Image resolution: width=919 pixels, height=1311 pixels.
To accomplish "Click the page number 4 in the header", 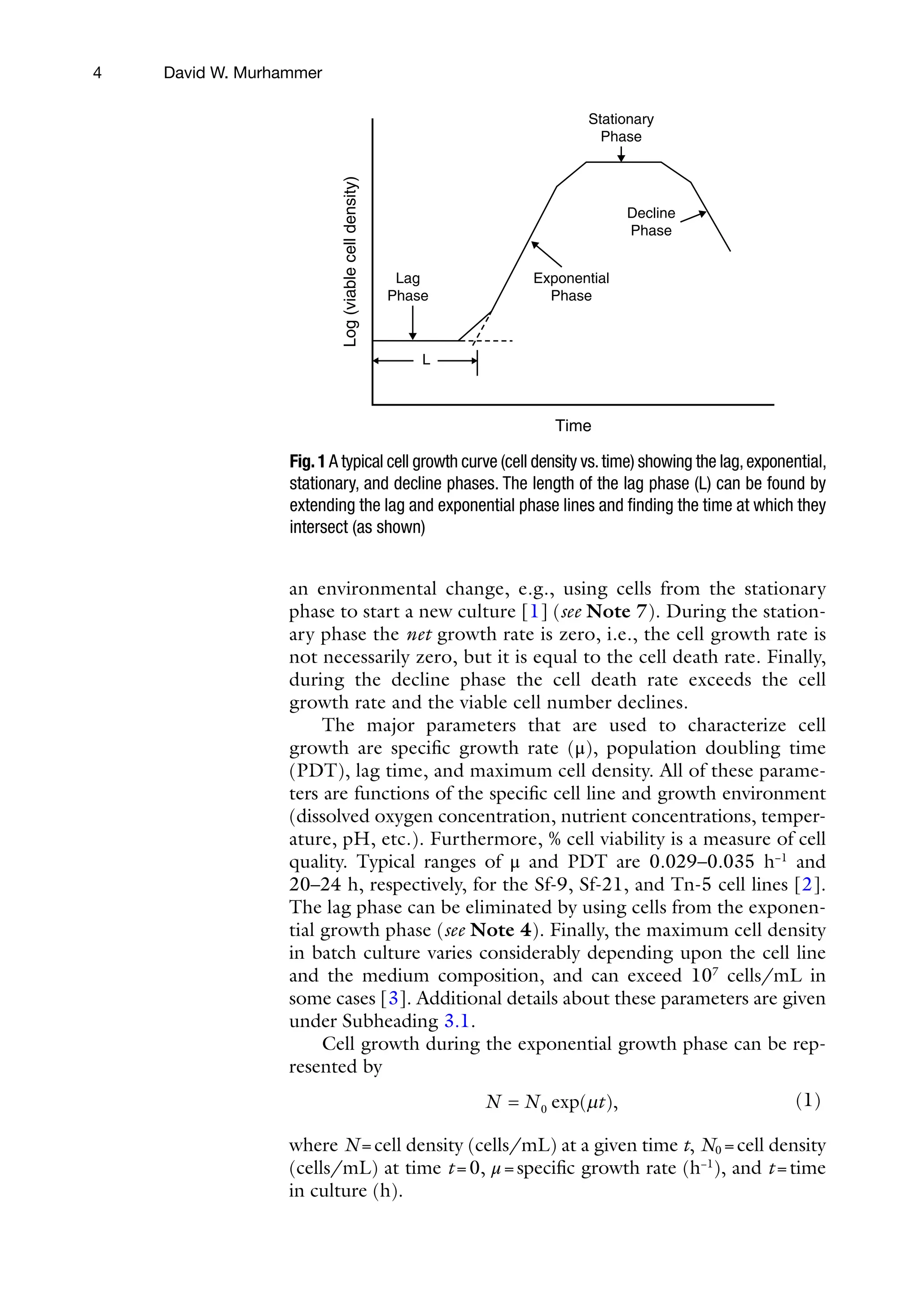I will click(97, 73).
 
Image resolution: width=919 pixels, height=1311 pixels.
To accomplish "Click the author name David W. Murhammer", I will click(243, 73).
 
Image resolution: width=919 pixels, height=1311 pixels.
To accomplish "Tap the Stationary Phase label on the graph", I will click(621, 127).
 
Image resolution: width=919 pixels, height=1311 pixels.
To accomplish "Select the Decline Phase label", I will click(651, 222).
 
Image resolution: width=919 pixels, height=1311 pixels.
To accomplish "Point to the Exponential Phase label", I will click(571, 287).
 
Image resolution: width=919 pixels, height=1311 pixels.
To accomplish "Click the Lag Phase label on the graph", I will click(407, 287).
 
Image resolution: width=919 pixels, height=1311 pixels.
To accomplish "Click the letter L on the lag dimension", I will click(425, 360).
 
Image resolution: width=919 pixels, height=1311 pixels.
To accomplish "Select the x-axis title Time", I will click(573, 426).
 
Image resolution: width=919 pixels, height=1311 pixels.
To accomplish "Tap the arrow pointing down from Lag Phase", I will click(412, 323).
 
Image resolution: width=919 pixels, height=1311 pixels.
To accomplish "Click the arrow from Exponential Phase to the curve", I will click(546, 253).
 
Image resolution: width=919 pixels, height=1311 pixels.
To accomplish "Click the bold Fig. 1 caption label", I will click(307, 461).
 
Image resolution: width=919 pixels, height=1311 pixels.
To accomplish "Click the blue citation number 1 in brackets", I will click(534, 612).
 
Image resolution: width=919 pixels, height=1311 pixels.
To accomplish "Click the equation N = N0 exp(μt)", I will click(552, 1102).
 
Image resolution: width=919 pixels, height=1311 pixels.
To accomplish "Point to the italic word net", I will click(418, 634).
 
